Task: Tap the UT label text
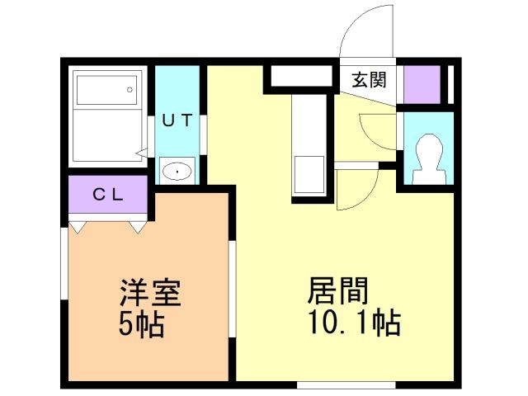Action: click(x=177, y=120)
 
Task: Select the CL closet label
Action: click(x=107, y=196)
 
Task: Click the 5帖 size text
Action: click(x=139, y=323)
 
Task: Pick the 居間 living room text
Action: click(x=338, y=291)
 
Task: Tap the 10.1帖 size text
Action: click(x=354, y=322)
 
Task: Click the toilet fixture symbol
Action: click(x=427, y=157)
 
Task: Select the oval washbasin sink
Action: click(x=177, y=171)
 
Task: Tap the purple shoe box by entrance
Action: click(x=421, y=82)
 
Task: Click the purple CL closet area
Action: click(x=107, y=196)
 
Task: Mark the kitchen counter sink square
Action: click(x=310, y=173)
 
